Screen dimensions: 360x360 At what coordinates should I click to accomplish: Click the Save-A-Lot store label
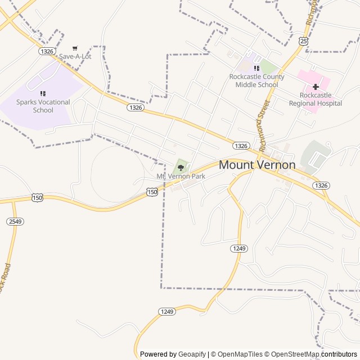click(75, 57)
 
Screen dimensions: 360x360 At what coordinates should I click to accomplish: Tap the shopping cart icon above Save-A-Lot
click(75, 48)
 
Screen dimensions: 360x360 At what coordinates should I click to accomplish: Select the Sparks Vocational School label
click(43, 106)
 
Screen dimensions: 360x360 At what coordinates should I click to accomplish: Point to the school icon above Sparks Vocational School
click(43, 93)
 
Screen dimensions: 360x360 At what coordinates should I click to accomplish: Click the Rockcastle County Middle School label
click(256, 80)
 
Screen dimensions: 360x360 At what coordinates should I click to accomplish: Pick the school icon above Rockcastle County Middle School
click(256, 68)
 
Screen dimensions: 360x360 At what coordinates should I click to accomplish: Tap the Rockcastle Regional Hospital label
click(315, 99)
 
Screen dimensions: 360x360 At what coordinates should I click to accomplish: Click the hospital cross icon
click(316, 87)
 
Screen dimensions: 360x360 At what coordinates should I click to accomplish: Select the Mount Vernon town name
click(256, 165)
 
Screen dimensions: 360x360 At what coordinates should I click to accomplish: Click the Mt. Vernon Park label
click(181, 176)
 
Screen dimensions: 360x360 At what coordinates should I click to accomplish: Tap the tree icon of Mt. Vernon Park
click(181, 167)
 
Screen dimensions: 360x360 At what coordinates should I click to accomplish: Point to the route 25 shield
click(304, 41)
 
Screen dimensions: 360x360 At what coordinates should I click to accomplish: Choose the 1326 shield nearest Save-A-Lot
click(47, 51)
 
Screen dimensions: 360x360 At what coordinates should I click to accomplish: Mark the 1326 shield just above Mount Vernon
click(241, 146)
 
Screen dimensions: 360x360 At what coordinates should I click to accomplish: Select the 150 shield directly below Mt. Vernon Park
click(152, 192)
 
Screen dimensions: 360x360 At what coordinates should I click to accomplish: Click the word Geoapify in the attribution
click(192, 354)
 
